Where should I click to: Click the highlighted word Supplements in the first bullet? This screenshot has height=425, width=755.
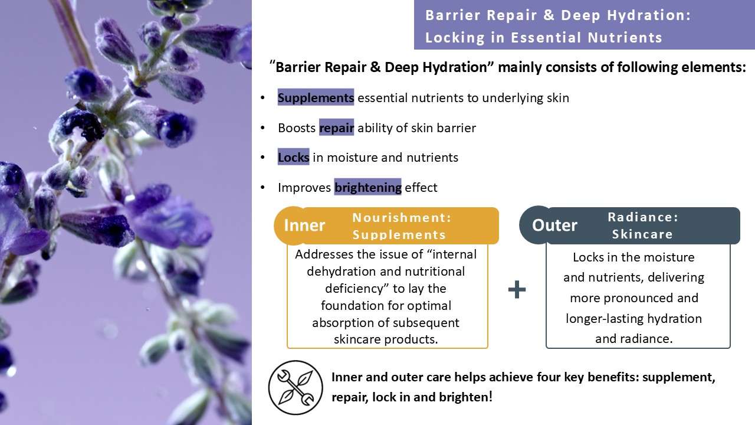[316, 98]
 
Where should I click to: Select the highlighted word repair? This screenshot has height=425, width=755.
[336, 128]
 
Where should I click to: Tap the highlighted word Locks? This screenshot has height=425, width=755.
[293, 158]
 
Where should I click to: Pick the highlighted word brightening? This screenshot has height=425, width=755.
[367, 188]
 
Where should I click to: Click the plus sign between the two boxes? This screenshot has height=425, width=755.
[517, 290]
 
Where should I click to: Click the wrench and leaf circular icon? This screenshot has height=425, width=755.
[296, 388]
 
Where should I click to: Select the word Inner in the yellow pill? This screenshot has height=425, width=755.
[304, 225]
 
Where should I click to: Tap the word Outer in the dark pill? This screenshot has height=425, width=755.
[554, 225]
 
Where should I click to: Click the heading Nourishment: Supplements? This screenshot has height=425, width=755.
[401, 226]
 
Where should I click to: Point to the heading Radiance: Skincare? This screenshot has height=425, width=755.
[642, 225]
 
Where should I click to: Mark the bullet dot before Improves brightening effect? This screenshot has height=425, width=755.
[262, 188]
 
